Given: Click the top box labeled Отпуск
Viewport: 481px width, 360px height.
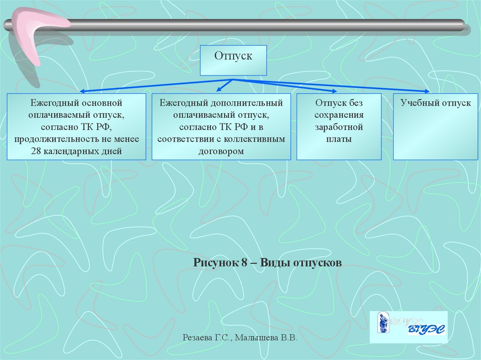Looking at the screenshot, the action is point(233,60).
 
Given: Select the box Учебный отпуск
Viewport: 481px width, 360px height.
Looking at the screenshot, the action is point(435,127).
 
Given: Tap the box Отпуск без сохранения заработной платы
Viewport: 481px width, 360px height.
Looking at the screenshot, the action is point(339,127).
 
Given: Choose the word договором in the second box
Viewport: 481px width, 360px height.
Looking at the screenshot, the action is point(221,151).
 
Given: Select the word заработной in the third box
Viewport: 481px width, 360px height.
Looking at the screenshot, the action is point(339,127).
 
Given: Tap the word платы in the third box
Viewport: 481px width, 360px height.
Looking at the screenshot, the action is point(339,139).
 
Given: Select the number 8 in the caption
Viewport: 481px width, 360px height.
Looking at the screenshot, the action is point(245,262).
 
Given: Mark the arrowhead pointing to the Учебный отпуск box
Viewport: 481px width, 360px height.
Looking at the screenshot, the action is point(427,91).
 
